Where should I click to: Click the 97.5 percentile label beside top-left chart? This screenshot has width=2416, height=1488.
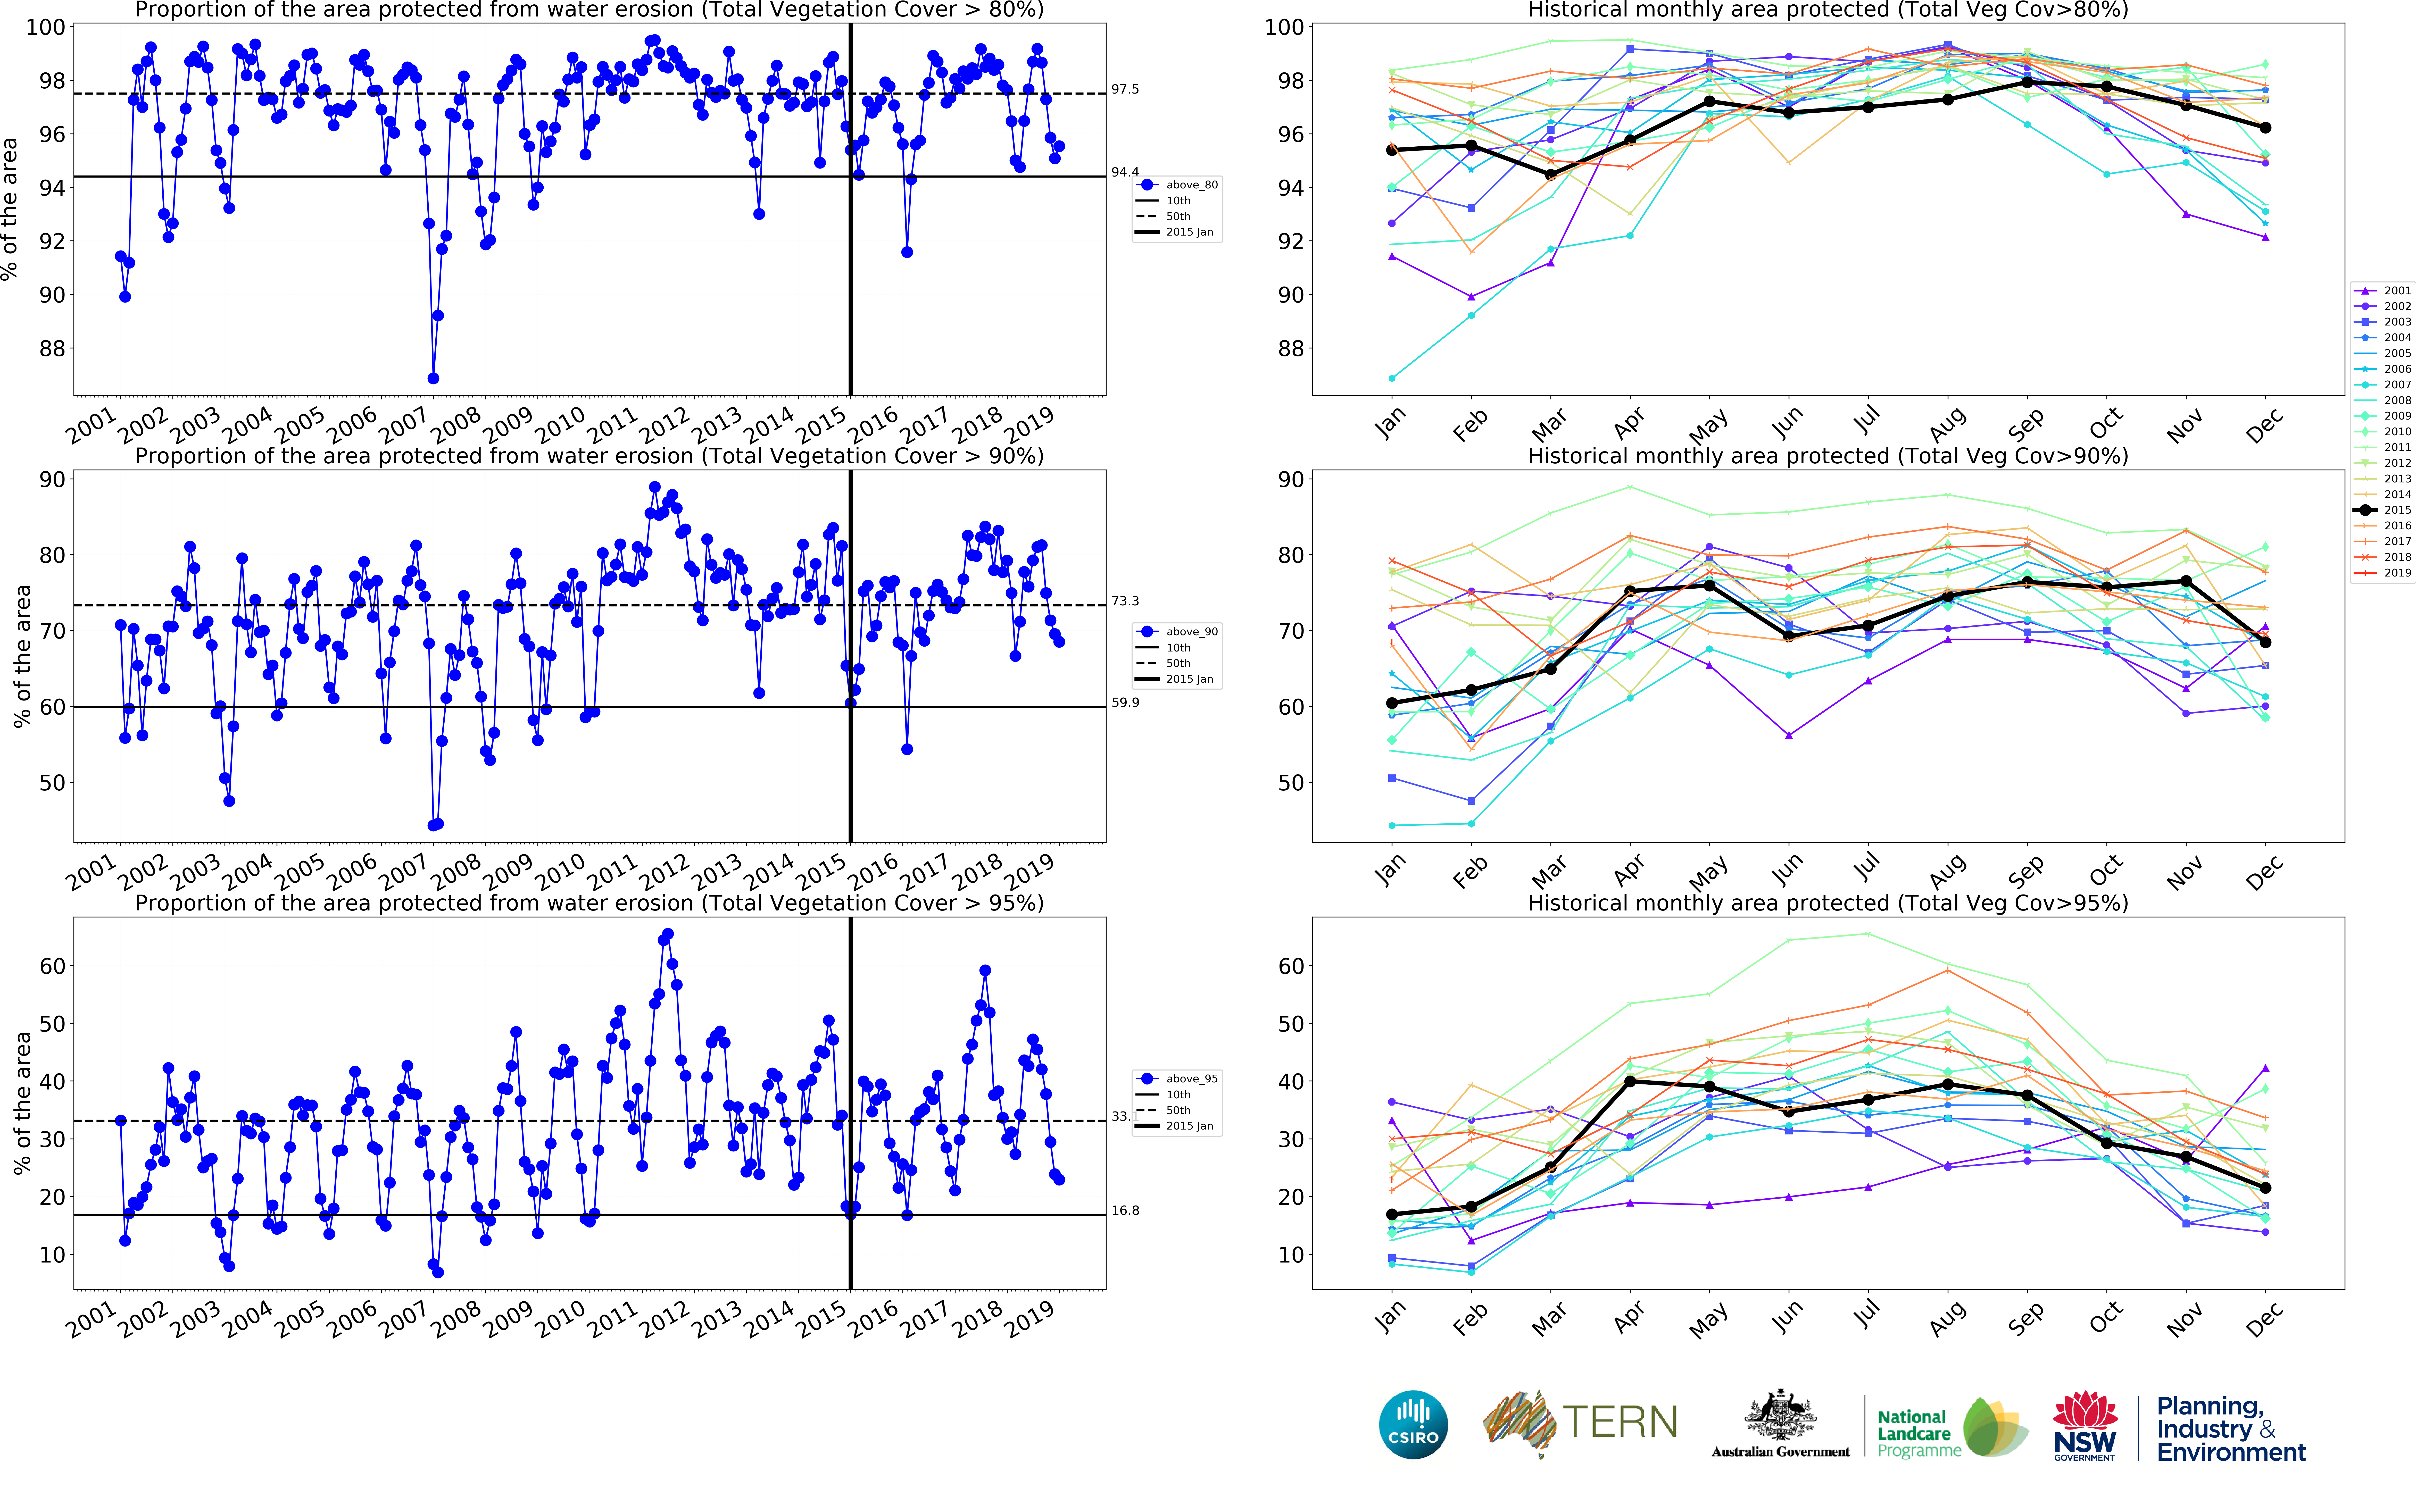tap(1125, 90)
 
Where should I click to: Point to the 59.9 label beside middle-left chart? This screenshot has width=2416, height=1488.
tap(1125, 703)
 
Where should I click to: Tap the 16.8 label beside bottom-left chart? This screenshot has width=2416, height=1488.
tap(1125, 1210)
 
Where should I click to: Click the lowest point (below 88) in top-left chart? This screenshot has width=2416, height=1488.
tap(433, 378)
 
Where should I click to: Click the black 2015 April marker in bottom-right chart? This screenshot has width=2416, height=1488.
tap(1630, 1082)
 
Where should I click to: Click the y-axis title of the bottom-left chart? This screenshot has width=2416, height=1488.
tap(22, 1102)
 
